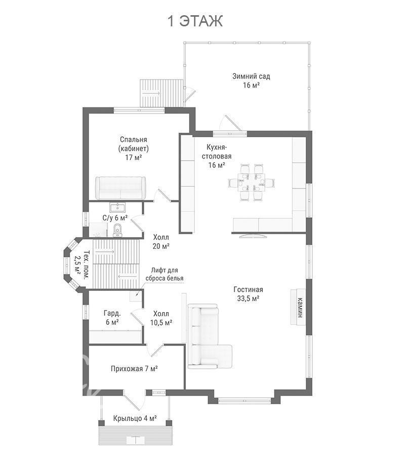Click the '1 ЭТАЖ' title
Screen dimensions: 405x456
195,21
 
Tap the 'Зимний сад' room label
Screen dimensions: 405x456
251,76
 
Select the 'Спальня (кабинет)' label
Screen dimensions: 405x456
133,144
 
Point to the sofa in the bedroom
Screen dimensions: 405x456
120,188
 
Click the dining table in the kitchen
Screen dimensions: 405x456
251,182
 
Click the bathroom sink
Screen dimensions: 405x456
117,208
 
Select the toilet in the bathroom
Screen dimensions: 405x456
117,230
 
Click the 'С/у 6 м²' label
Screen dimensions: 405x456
115,218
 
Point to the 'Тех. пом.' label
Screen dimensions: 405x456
86,264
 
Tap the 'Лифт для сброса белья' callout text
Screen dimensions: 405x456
165,275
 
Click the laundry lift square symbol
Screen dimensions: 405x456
135,296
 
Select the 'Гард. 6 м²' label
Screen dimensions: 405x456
112,318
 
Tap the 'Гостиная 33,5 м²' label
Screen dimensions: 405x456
248,294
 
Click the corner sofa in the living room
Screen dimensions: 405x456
210,336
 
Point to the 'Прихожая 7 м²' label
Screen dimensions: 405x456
134,369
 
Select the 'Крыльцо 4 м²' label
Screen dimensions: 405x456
135,418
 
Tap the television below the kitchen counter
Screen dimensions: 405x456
253,236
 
